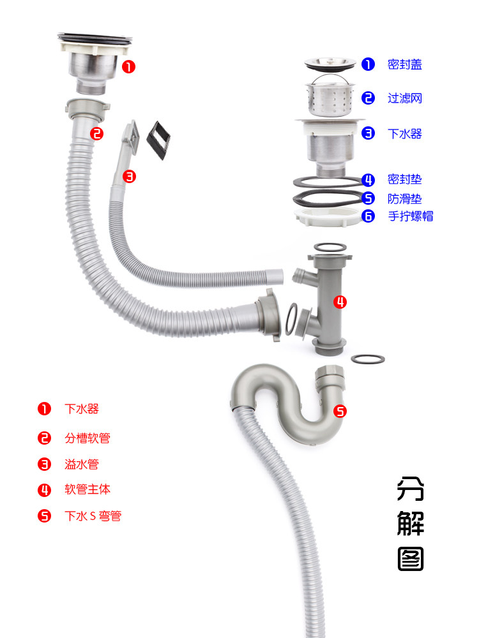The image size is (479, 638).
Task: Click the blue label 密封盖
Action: click(404, 64)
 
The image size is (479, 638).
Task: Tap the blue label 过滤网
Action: click(404, 98)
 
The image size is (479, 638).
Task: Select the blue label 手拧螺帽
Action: click(411, 216)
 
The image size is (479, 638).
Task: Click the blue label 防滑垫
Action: click(404, 198)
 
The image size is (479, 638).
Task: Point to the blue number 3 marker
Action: click(368, 133)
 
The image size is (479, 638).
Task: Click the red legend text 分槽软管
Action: click(87, 438)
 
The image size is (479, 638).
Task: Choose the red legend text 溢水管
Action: click(82, 464)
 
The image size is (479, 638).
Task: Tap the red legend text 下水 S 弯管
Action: click(93, 516)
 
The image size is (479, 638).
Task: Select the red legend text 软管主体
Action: click(87, 490)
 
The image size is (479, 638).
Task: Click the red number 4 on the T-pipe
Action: click(340, 302)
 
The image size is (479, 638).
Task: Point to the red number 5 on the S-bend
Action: click(340, 412)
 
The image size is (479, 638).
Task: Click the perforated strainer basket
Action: click(330, 98)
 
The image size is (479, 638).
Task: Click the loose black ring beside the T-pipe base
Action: click(368, 358)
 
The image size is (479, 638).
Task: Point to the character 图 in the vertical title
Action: click(410, 558)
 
